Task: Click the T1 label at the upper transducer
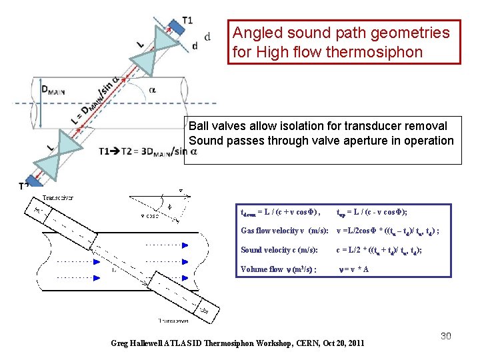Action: pyautogui.click(x=187, y=20)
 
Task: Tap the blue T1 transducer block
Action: pyautogui.click(x=175, y=26)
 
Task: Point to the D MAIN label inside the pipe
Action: pyautogui.click(x=54, y=90)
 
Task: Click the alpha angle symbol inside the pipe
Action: pyautogui.click(x=153, y=89)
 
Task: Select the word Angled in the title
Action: pyautogui.click(x=258, y=32)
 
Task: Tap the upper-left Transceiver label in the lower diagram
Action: pyautogui.click(x=59, y=198)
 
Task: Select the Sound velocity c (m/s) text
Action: pyautogui.click(x=279, y=250)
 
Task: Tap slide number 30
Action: pyautogui.click(x=445, y=336)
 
